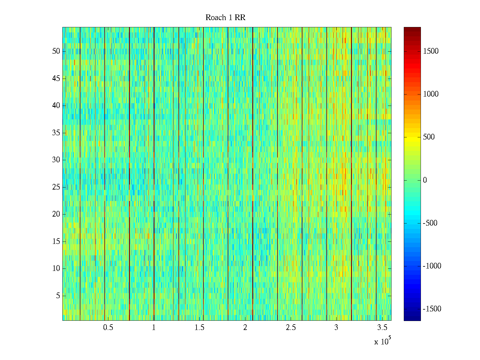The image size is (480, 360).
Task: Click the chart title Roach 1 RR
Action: tap(225, 18)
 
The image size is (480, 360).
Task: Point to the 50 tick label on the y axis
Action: tap(56, 51)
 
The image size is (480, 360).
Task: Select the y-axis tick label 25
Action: tap(56, 187)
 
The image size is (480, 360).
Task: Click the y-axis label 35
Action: tap(56, 133)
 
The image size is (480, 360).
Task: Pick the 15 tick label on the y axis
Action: tap(56, 241)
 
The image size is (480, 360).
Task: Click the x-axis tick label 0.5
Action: tap(108, 328)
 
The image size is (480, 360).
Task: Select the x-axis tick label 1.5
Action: tap(199, 328)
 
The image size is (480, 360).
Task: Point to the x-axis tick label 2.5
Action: tap(291, 328)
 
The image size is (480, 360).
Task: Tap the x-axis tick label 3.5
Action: tap(382, 328)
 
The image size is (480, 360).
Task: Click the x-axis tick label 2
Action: tap(245, 328)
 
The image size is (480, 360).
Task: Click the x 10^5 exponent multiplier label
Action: tap(382, 341)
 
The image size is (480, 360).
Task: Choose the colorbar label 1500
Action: tap(431, 51)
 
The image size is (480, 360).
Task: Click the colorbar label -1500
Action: tap(432, 309)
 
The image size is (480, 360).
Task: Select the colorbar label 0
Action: tap(425, 180)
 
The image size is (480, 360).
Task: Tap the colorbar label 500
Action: tap(429, 137)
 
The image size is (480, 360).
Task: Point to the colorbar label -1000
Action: tap(432, 266)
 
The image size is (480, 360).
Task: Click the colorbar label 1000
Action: tap(431, 94)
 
